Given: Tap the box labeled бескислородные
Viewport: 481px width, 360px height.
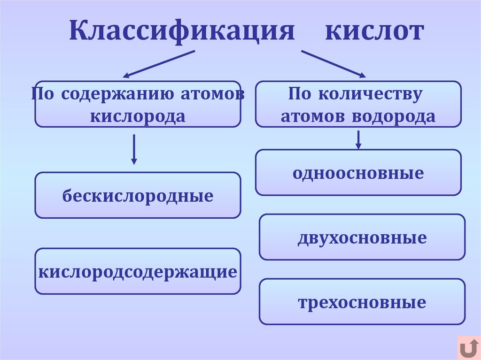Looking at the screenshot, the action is (138, 195).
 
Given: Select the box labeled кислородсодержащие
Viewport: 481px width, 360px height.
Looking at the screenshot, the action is (138, 271).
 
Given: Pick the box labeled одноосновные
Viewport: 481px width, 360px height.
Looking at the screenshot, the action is (358, 173).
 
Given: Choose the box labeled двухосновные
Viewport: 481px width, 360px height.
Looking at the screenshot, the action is (362, 237).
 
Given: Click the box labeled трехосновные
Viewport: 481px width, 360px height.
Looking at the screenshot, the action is (362, 302).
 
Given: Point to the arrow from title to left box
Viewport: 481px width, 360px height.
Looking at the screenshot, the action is (158, 64).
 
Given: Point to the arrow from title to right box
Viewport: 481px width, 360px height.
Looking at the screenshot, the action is (333, 63).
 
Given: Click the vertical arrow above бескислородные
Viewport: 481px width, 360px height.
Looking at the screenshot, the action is (134, 149).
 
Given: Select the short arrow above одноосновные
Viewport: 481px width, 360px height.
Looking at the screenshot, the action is (358, 140).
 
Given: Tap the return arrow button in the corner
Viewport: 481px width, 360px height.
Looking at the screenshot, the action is (468, 348).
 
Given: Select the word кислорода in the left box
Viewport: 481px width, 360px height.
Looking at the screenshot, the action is (138, 116).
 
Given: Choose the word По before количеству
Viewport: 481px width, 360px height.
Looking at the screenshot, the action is (300, 93).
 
